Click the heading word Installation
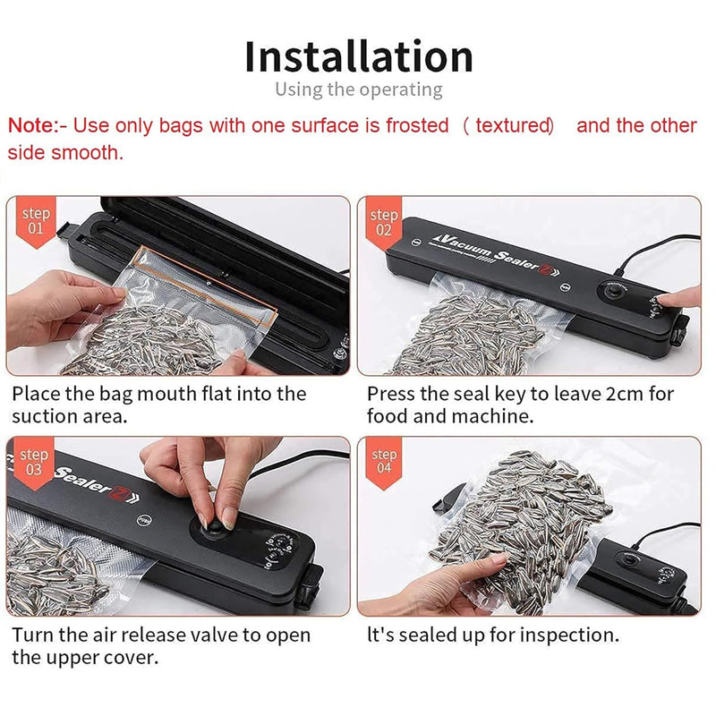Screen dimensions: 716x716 click(x=358, y=56)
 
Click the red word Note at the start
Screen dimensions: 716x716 click(x=30, y=126)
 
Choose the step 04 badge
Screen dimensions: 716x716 click(x=383, y=461)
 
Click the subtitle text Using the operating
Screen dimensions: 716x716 click(x=358, y=89)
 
